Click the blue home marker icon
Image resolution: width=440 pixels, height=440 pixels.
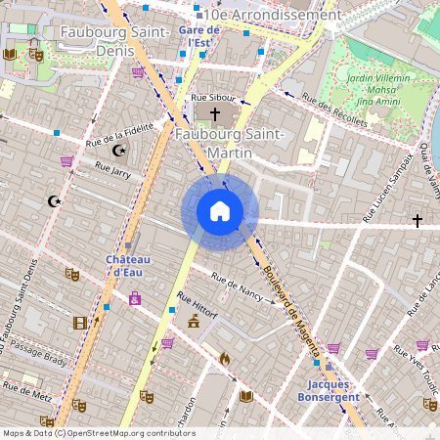pos(220,211)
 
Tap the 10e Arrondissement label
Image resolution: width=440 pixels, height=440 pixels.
pos(269,15)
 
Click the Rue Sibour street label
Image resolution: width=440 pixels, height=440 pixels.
pos(213,98)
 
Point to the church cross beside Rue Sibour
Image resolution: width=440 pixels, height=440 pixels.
pos(215,115)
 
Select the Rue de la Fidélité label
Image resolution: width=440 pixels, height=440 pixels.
pos(120,130)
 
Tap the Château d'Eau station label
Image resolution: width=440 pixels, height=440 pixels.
pos(128,265)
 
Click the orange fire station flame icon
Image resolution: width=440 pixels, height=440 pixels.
pos(225,359)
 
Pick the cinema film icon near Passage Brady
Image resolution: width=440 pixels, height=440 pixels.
pos(80,323)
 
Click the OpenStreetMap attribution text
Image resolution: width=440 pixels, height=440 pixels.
pos(98,433)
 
